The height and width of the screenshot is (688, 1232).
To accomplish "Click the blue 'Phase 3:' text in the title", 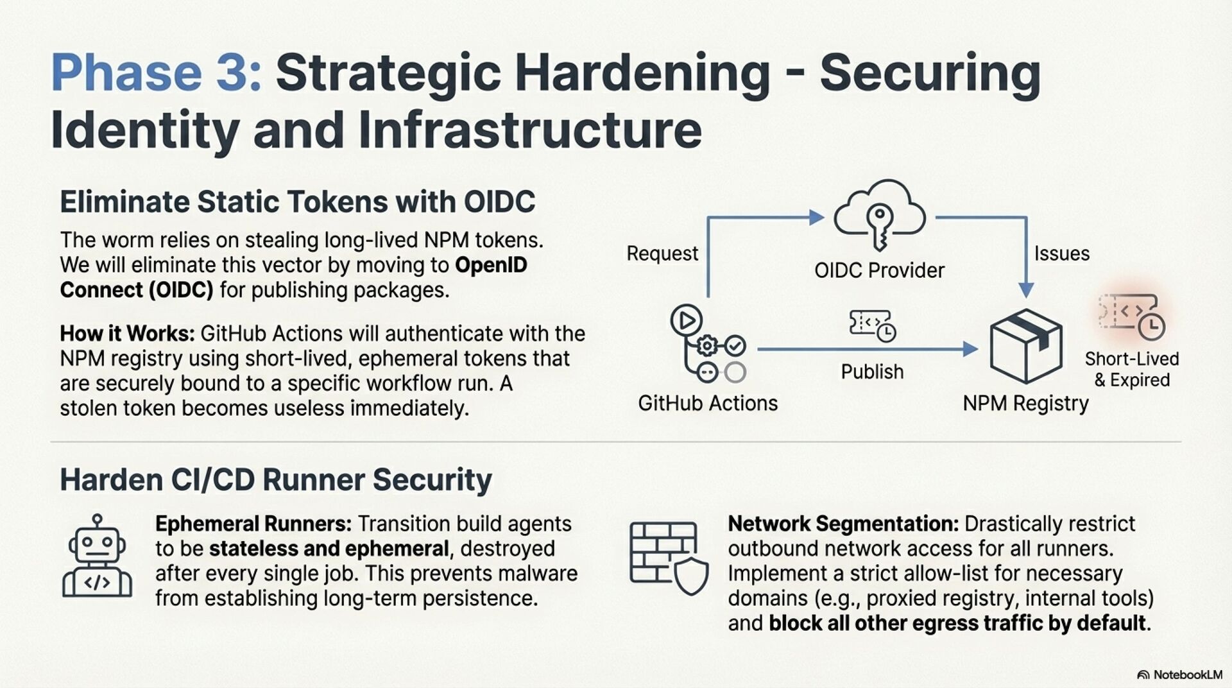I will click(156, 72).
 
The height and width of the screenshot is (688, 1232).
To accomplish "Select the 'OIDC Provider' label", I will click(879, 270).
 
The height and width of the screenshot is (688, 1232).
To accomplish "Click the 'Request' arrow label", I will click(662, 254).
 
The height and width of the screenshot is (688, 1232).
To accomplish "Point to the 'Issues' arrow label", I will click(1061, 254).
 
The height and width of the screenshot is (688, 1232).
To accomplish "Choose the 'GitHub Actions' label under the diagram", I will click(707, 403).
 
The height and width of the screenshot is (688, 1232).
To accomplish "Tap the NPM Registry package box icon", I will click(1025, 346).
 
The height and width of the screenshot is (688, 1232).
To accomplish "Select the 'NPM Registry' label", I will click(1025, 403).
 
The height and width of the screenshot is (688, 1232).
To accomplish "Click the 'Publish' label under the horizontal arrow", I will click(872, 372).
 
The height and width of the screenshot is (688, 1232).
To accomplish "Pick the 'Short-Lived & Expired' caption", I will click(1132, 369).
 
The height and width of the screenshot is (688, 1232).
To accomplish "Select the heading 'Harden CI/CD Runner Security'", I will click(276, 480).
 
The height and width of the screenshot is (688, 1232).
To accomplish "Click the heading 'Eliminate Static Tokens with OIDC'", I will click(297, 202).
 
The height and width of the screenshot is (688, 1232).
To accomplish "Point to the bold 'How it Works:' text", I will click(127, 334).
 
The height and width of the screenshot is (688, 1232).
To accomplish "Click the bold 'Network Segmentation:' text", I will click(843, 524).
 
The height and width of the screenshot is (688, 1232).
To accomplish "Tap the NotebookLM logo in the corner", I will click(1179, 675).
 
